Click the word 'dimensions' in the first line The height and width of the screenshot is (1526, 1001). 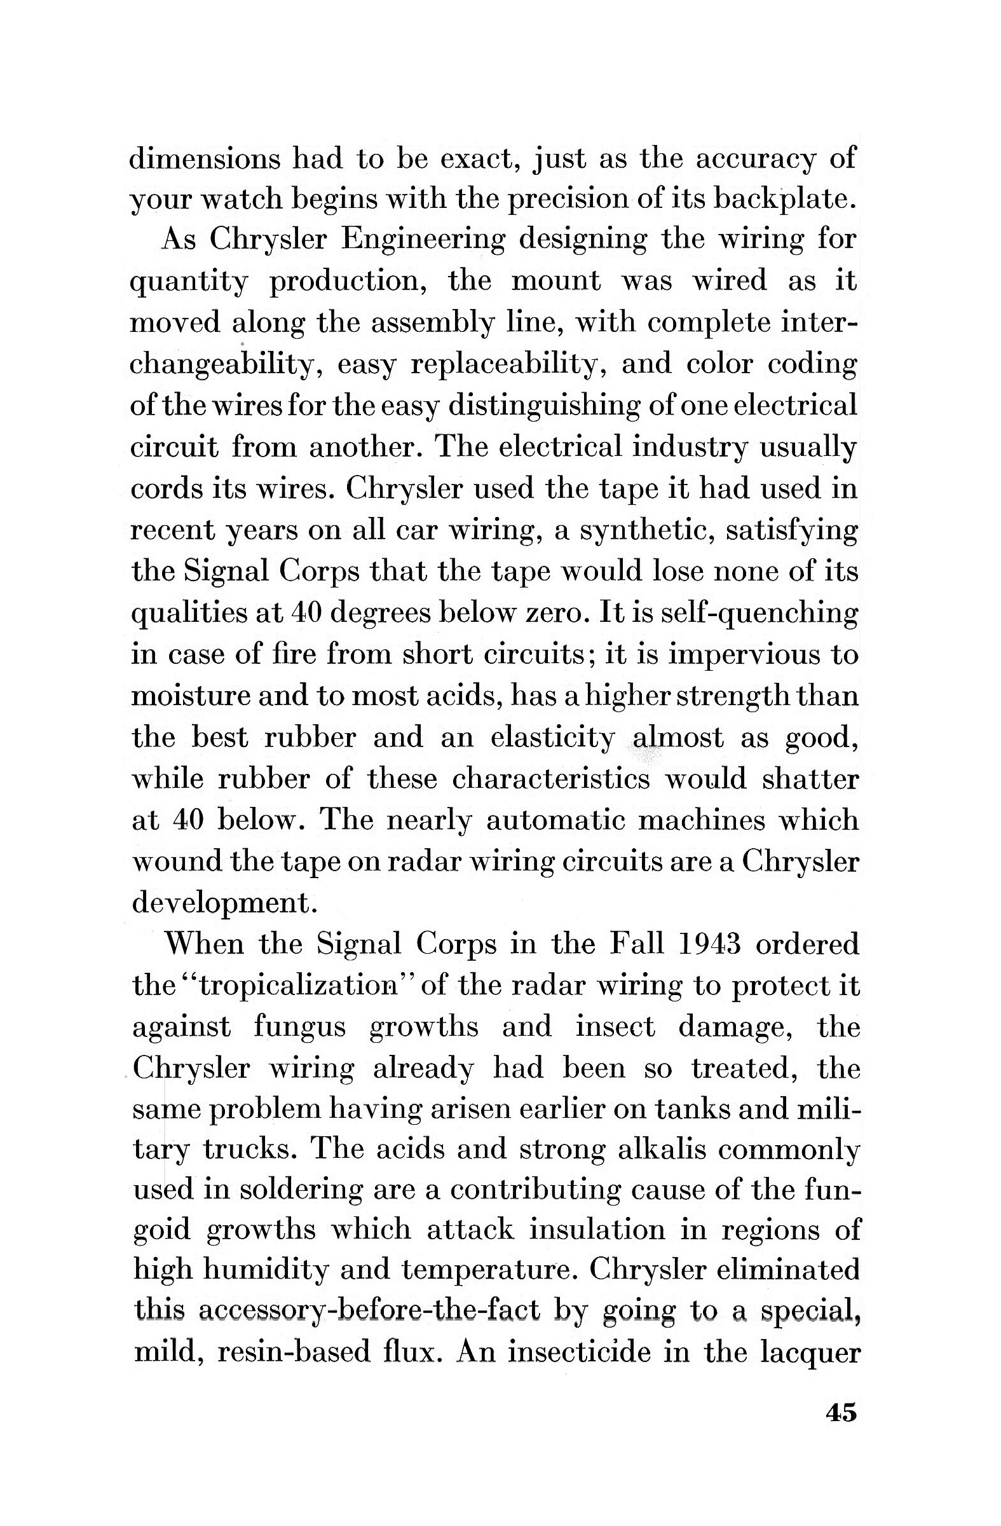205,159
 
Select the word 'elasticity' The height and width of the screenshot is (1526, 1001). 552,739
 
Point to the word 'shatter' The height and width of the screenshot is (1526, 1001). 810,780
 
